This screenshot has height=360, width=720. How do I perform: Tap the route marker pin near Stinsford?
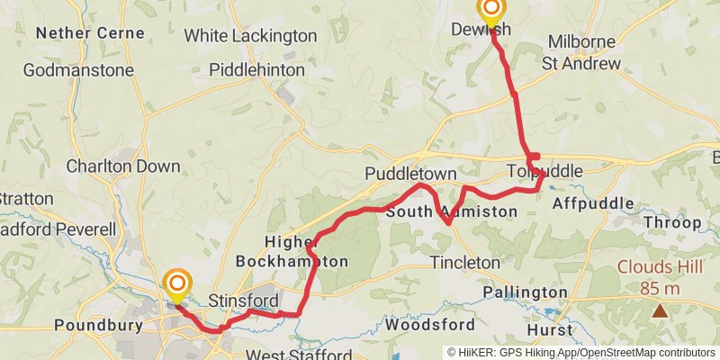point(176,286)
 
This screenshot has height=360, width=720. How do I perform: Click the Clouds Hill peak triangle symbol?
point(660,310)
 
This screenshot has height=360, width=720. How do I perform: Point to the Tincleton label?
point(464,262)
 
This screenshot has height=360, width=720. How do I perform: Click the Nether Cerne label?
point(89,33)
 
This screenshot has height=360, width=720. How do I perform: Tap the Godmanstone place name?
point(78,69)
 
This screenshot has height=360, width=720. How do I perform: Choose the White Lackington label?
point(250,36)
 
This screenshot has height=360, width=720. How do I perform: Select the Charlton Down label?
point(123,166)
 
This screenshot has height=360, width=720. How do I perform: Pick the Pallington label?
point(526,293)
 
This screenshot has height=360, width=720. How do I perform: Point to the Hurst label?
point(550,330)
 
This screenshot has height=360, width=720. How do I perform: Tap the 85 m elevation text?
point(661,288)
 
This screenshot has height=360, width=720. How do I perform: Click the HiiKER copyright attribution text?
point(580,353)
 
